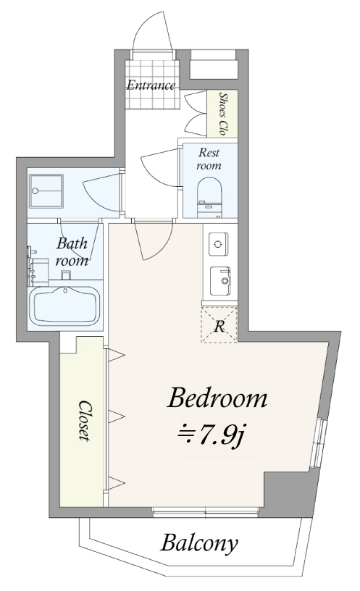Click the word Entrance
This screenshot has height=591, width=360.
pos(151,85)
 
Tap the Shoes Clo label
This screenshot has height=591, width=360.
pos(223,114)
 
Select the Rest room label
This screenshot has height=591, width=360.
pos(209,159)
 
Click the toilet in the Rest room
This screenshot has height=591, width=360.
pos(209,198)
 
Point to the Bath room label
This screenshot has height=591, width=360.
pos(72,251)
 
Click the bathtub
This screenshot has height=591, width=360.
pos(64,306)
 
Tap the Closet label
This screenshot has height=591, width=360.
pos(85,421)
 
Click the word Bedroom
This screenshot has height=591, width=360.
pos(217,398)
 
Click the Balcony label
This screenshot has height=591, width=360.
pos(199,544)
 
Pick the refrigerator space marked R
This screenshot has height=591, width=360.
pos(219,325)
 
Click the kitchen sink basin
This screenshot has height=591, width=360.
pos(220,281)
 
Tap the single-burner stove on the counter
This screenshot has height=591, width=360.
pos(218,244)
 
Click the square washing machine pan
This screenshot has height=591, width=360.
pos(46,190)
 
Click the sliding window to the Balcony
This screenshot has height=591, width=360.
pos(206,511)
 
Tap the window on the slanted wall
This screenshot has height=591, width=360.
pos(317,443)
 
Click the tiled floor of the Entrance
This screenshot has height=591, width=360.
pos(151,85)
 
